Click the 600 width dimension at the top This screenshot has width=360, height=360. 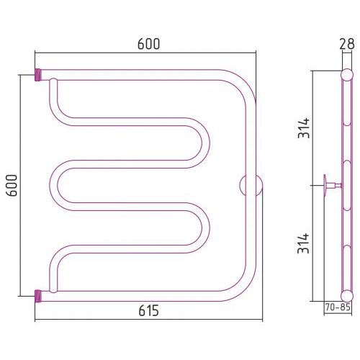148,44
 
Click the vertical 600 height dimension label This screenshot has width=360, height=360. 12,186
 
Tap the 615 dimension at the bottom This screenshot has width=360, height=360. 148,310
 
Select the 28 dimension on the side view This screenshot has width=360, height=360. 347,44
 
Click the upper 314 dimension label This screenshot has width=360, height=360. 304,127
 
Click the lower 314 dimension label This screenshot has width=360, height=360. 304,243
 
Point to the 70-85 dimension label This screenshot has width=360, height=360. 338,307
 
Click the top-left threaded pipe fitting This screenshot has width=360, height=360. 38,75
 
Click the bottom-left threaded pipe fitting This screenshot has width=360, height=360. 38,296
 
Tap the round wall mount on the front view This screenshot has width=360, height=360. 251,186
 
